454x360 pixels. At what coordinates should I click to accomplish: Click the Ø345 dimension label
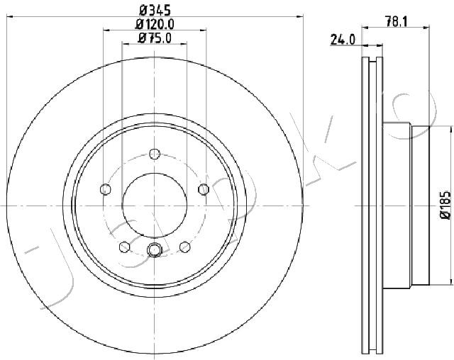pyautogui.click(x=155, y=11)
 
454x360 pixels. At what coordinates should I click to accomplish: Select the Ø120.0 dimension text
pyautogui.click(x=155, y=24)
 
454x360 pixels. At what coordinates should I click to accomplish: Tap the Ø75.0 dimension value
pyautogui.click(x=155, y=38)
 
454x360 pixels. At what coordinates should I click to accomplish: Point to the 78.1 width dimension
pyautogui.click(x=396, y=21)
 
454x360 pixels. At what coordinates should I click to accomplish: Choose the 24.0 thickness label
pyautogui.click(x=343, y=40)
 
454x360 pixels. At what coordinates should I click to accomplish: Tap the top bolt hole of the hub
pyautogui.click(x=155, y=154)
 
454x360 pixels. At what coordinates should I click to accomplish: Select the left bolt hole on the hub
pyautogui.click(x=106, y=189)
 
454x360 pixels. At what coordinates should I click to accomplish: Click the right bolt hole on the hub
pyautogui.click(x=204, y=189)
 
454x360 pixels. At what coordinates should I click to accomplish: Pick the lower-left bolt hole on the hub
pyautogui.click(x=125, y=247)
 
